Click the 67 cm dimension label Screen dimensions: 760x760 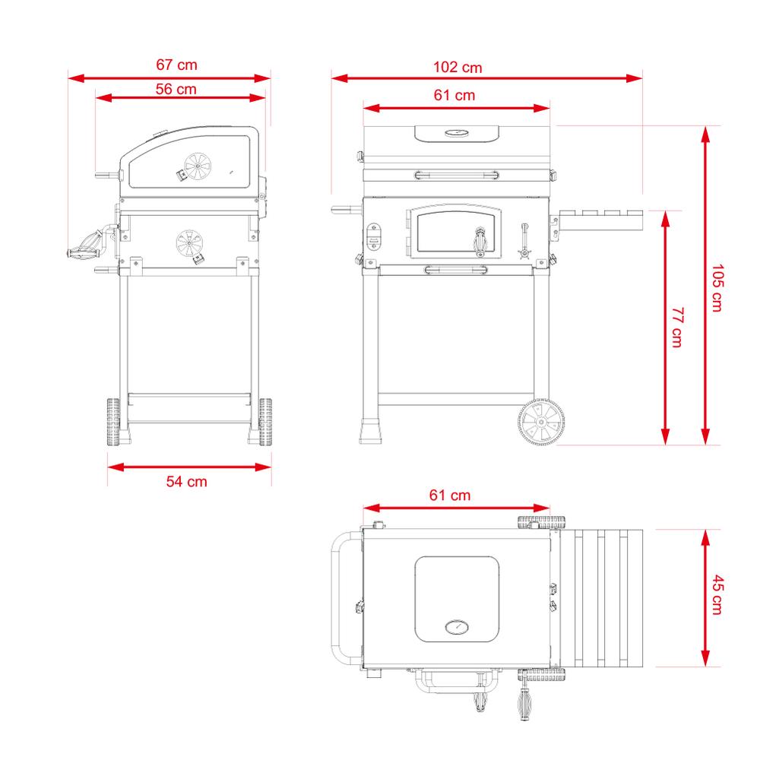tap(176, 65)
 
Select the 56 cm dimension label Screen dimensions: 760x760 tap(176, 89)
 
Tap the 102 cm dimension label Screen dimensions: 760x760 tap(458, 68)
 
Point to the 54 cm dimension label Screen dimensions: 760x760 tap(187, 482)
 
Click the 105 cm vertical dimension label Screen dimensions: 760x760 tap(717, 288)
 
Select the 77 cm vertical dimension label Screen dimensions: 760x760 tap(678, 327)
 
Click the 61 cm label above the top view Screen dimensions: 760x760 tap(450, 496)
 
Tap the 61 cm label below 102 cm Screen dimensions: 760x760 tap(454, 95)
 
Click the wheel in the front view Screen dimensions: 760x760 tap(541, 422)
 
